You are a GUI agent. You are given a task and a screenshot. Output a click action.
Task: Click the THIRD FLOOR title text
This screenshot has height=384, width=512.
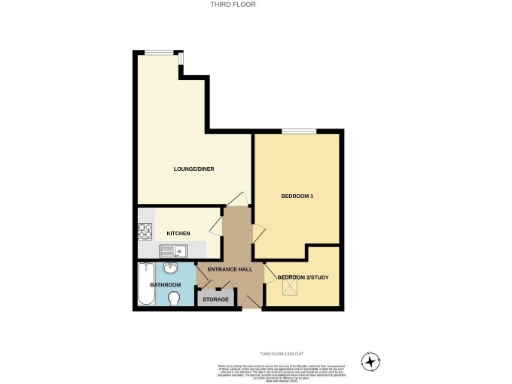click(x=255, y=5)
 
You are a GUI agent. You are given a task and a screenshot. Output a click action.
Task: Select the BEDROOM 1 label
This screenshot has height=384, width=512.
click(x=298, y=195)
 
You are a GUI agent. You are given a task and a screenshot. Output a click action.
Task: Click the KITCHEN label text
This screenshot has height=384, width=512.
click(x=178, y=233)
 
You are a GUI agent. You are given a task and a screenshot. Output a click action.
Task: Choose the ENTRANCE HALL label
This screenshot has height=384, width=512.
click(x=228, y=270)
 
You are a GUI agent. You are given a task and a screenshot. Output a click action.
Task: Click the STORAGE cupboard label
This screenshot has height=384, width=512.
click(x=215, y=300)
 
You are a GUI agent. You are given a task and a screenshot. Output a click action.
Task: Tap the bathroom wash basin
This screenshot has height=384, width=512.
click(x=171, y=268)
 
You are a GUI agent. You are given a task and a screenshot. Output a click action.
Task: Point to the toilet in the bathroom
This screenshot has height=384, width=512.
click(x=174, y=299)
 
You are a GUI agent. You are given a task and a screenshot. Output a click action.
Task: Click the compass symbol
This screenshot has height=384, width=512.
click(x=372, y=360)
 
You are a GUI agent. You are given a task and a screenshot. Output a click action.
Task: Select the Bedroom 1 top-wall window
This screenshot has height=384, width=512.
click(x=295, y=131)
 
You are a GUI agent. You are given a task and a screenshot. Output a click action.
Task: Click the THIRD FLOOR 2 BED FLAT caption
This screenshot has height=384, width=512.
click(x=280, y=353)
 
